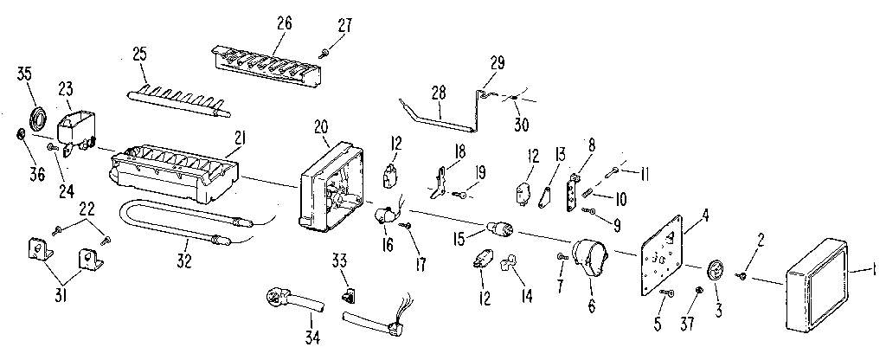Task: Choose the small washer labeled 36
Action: coord(20,134)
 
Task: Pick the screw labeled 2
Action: coord(742,275)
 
